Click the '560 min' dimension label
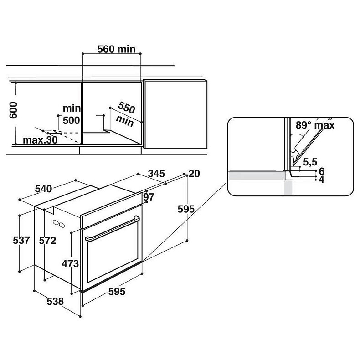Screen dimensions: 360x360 click(117, 49)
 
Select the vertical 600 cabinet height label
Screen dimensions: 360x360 click(13, 110)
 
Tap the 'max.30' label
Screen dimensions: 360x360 click(41, 140)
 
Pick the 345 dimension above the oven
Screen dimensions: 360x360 click(156, 174)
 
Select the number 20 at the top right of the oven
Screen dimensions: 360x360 click(194, 174)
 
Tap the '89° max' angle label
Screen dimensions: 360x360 click(314, 125)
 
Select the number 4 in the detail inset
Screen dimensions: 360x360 click(321, 180)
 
